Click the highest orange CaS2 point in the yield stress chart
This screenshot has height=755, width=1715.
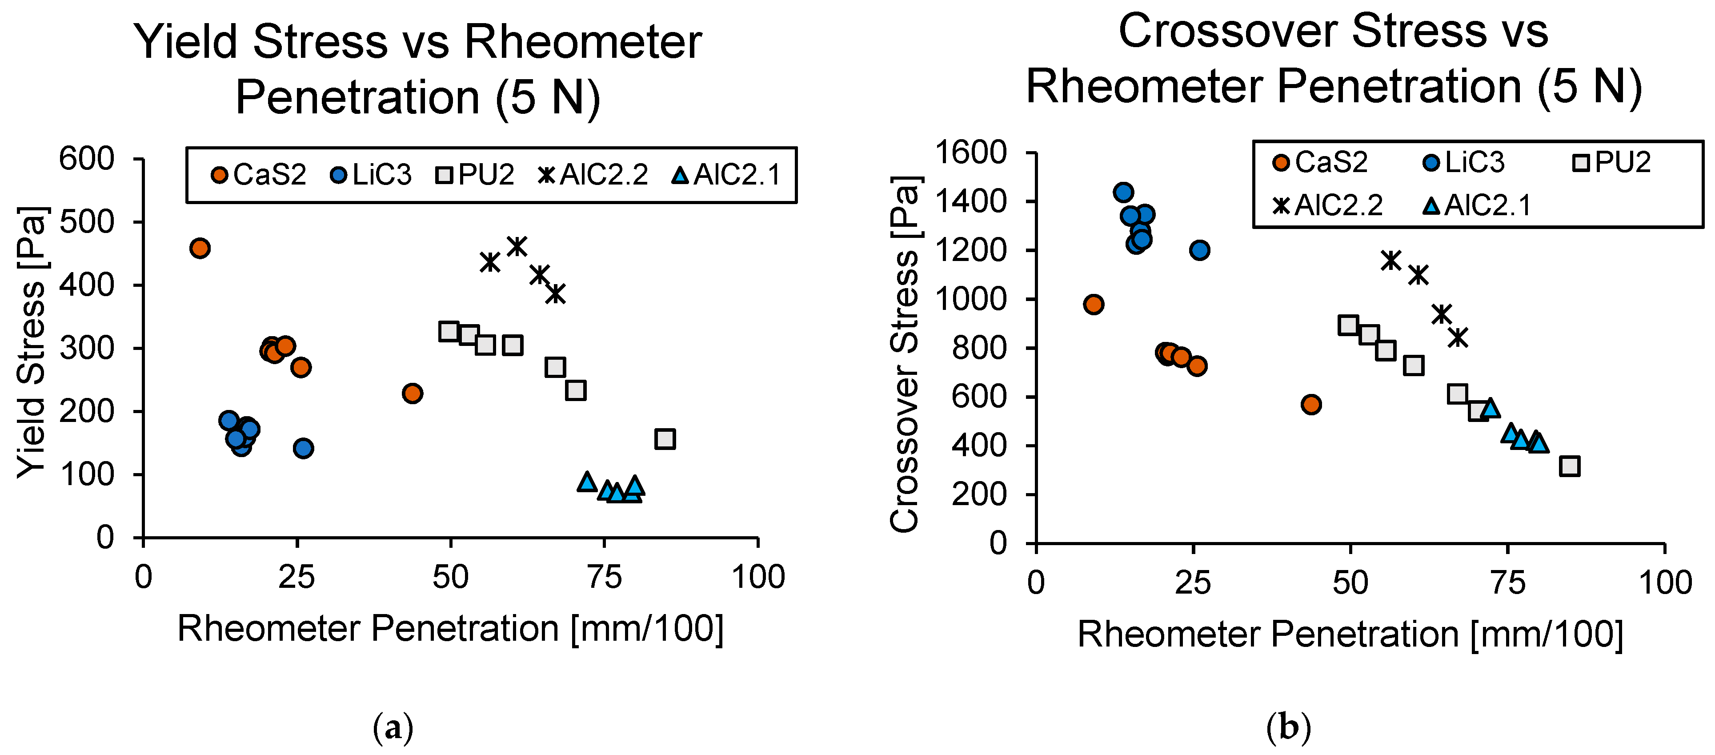click(x=200, y=249)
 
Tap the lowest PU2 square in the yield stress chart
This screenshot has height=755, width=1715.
click(x=665, y=439)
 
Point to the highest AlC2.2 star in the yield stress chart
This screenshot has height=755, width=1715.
click(x=517, y=246)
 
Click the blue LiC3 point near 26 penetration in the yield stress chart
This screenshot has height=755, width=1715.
click(x=304, y=448)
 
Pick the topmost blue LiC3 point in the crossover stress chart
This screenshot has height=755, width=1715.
click(x=1123, y=193)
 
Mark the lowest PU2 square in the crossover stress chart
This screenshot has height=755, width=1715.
click(x=1569, y=466)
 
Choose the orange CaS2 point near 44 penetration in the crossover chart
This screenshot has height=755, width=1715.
click(x=1311, y=404)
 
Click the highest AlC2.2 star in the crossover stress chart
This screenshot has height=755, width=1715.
click(x=1391, y=260)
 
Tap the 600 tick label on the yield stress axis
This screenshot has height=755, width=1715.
click(x=87, y=160)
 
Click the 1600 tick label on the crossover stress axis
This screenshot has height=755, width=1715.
click(x=971, y=153)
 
